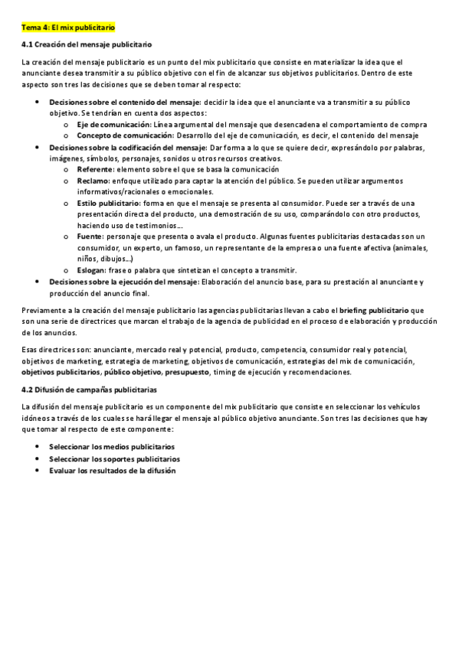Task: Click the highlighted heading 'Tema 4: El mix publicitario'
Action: [68, 27]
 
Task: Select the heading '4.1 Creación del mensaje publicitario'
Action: [87, 45]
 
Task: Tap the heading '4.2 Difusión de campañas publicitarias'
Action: [90, 390]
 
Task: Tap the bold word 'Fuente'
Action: [90, 237]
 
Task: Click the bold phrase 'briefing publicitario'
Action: [373, 311]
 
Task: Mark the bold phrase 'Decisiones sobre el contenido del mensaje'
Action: [125, 102]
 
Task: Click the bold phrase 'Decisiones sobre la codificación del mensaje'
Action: [129, 147]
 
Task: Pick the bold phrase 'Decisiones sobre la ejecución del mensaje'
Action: [124, 282]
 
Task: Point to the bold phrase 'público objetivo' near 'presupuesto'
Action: [132, 372]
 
